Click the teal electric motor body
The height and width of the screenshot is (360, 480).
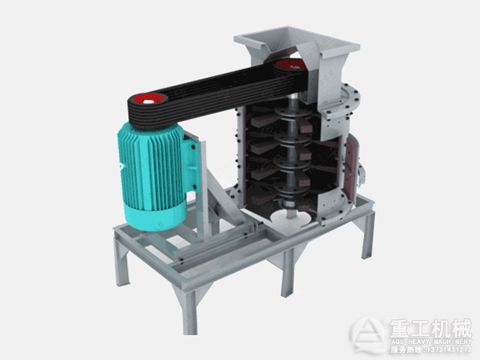point(152,164)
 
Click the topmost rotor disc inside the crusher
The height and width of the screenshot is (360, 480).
point(284,108)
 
